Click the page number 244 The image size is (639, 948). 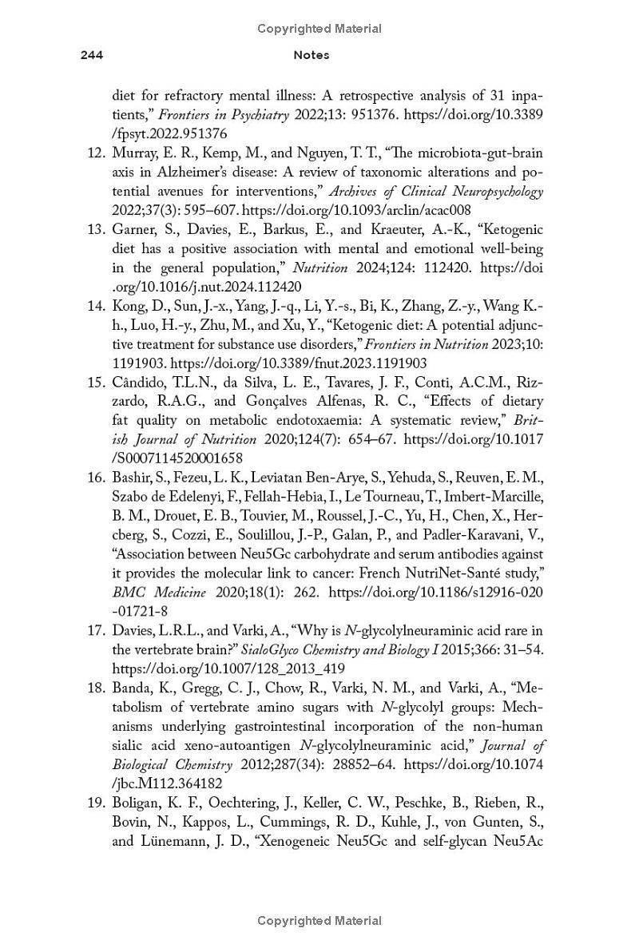click(x=92, y=55)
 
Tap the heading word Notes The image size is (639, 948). click(x=312, y=55)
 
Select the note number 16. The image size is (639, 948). click(x=96, y=478)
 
